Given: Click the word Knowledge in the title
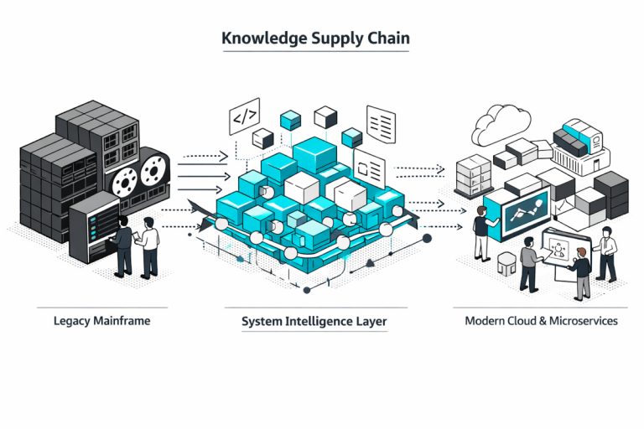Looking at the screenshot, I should tap(255, 39).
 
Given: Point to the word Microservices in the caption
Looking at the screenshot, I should tap(582, 321).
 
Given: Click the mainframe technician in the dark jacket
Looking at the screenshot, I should tap(122, 244).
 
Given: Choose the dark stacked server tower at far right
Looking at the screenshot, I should tap(611, 194).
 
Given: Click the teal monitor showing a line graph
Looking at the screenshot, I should tap(523, 205).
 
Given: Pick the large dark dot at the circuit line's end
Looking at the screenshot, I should tap(427, 238).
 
